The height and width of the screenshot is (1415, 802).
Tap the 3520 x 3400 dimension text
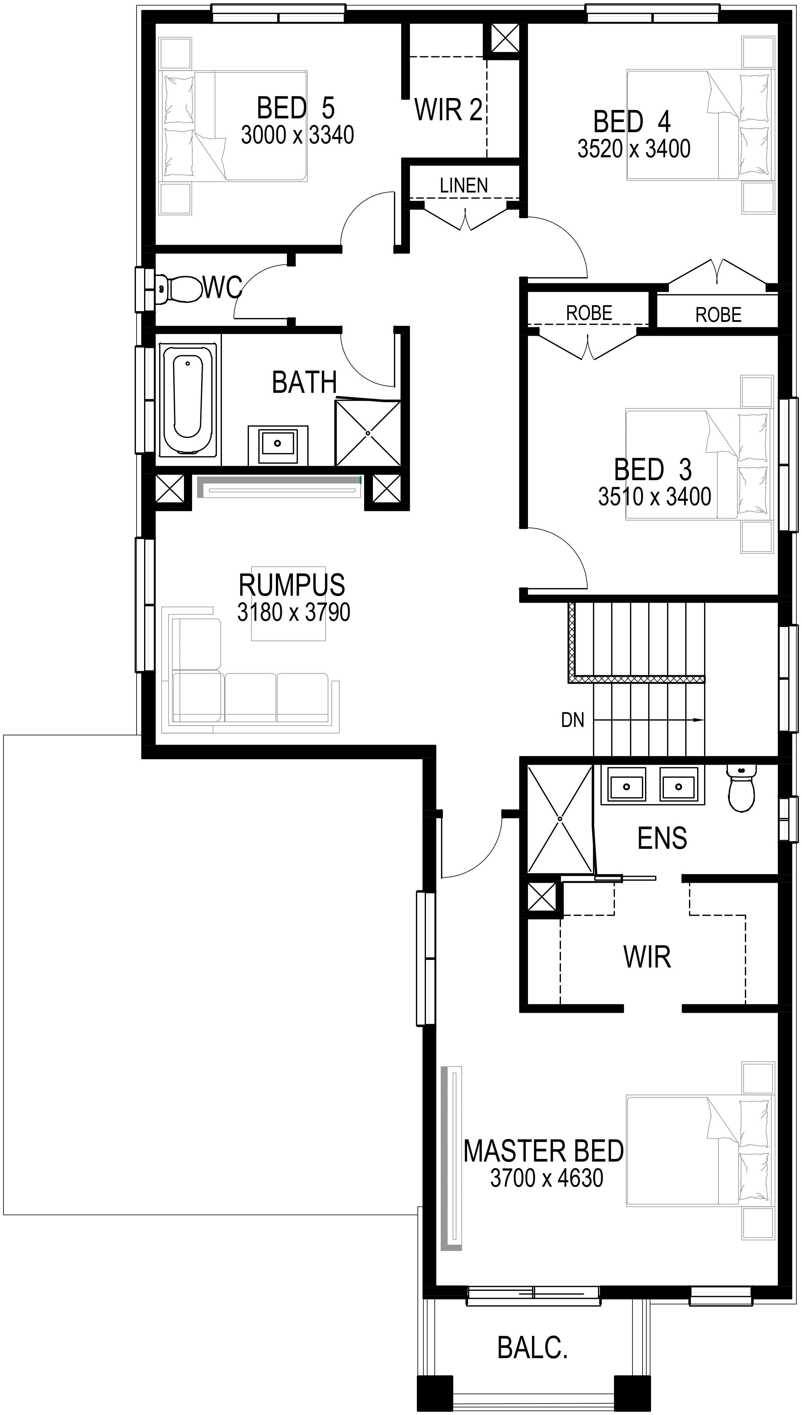pyautogui.click(x=634, y=149)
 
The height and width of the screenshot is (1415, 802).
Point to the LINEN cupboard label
pyautogui.click(x=464, y=186)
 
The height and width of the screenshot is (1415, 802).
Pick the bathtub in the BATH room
pyautogui.click(x=187, y=400)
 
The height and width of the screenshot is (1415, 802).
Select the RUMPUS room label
pyautogui.click(x=292, y=585)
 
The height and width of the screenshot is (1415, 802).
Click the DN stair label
pyautogui.click(x=573, y=720)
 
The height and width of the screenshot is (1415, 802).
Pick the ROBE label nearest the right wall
pyautogui.click(x=718, y=315)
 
